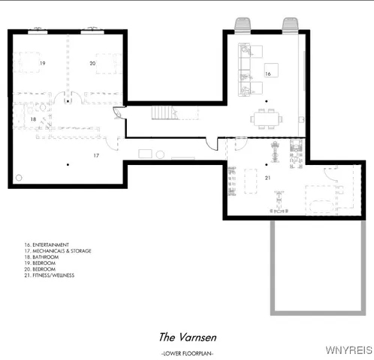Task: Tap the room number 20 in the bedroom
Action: [x=92, y=64]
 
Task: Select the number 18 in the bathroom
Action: [x=33, y=119]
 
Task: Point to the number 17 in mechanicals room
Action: [x=96, y=155]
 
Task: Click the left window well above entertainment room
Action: [x=243, y=25]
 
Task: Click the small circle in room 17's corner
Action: [x=19, y=178]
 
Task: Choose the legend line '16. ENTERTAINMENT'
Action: [x=47, y=244]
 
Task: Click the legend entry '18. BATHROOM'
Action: [x=41, y=257]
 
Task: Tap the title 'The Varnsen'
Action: [x=185, y=337]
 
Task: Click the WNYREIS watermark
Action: [x=348, y=349]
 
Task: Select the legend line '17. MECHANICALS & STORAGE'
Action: [x=58, y=250]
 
